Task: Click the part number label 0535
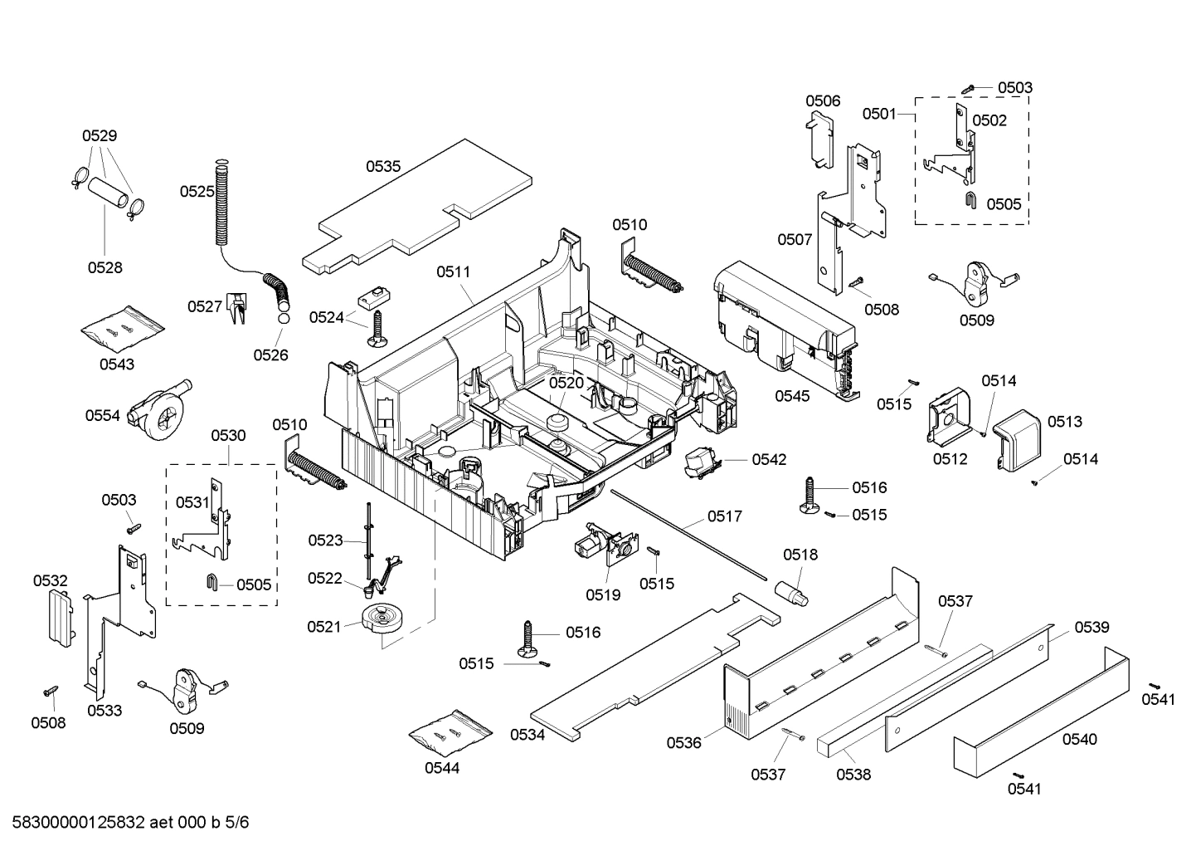coord(383,166)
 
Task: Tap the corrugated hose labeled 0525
coord(221,203)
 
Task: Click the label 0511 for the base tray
coord(453,271)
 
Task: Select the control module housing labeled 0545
coord(784,328)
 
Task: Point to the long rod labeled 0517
coord(688,531)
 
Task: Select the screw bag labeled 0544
coord(450,731)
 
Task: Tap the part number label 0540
coord(1079,739)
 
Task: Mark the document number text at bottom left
coord(126,823)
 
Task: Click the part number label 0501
coord(878,113)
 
